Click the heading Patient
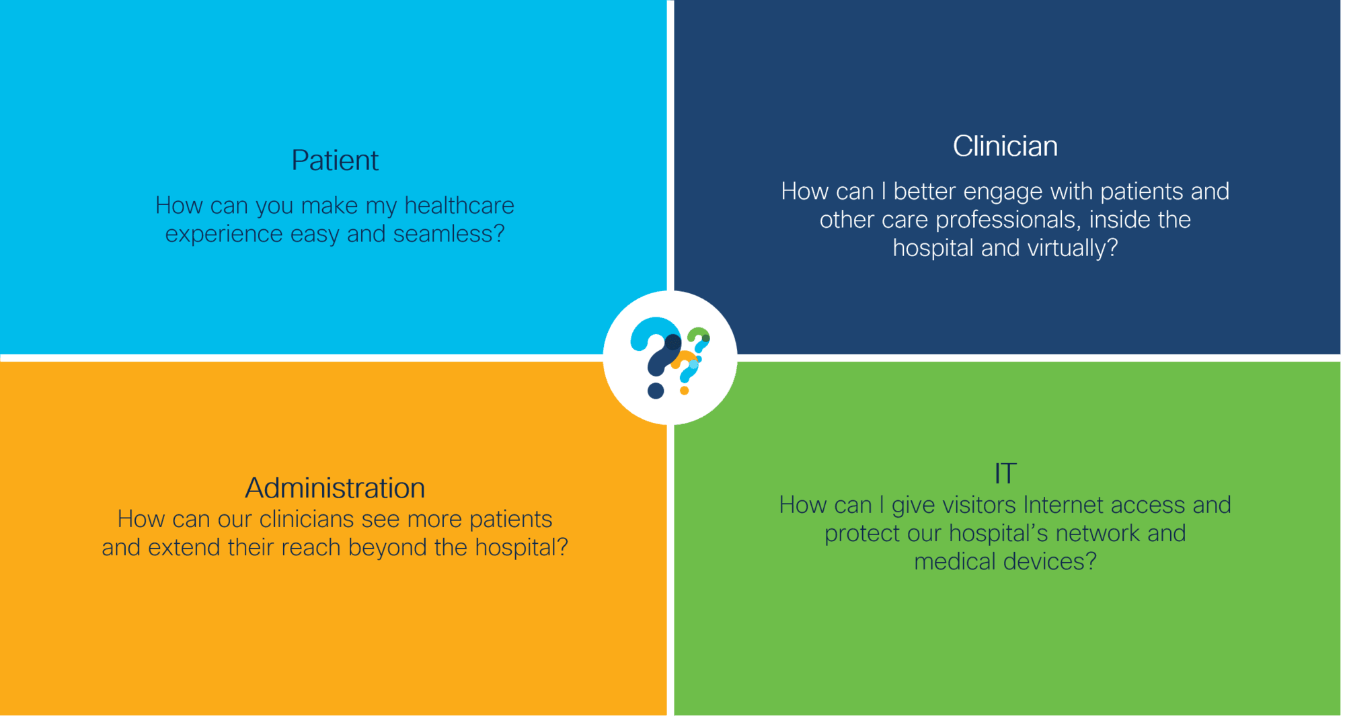tap(335, 161)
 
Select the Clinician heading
tap(1005, 147)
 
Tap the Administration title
tap(335, 488)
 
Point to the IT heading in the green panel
tap(1005, 474)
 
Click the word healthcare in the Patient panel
tap(459, 206)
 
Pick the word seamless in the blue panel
tap(449, 234)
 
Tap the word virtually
tap(1073, 249)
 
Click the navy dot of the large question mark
tap(656, 391)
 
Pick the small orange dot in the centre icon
tap(684, 391)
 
